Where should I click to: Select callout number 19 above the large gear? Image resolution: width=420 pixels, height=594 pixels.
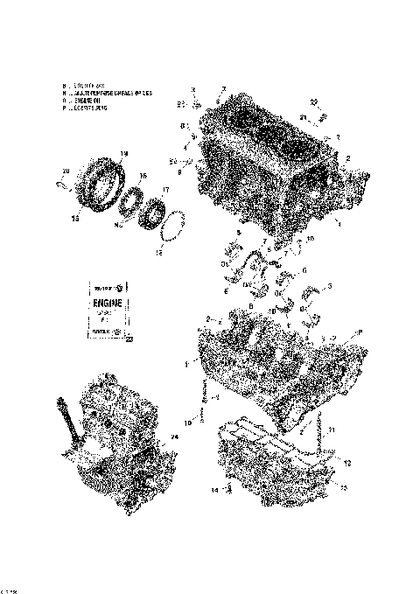tap(123, 154)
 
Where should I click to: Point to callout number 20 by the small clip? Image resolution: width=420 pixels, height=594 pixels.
tap(66, 171)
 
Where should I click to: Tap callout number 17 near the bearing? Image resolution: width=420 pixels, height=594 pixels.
tap(167, 190)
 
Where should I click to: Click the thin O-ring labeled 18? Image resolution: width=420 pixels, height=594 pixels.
tap(173, 224)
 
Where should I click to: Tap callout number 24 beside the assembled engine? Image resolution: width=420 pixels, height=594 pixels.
tap(174, 437)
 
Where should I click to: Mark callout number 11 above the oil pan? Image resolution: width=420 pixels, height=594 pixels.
tap(332, 428)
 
